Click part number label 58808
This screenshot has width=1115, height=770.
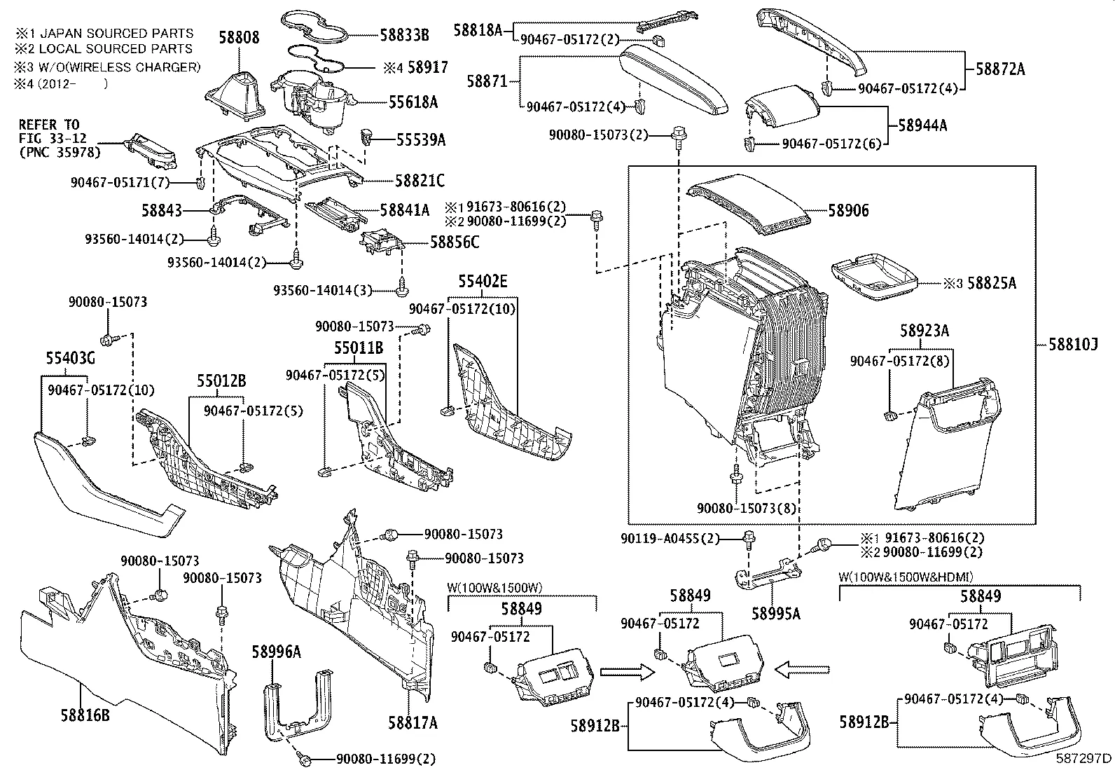point(236,37)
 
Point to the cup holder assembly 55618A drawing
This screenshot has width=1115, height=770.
point(315,99)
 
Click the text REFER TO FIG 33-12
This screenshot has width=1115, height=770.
point(49,131)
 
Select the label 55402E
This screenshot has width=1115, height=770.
point(483,282)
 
